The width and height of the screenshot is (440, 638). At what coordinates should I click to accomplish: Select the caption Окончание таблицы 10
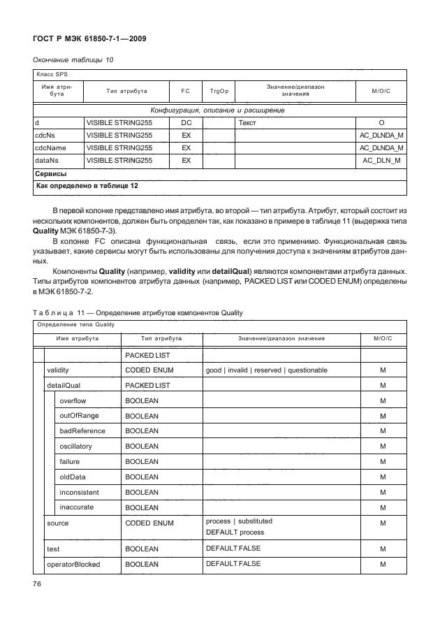point(73,60)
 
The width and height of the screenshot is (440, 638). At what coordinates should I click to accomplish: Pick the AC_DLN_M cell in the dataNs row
point(382,161)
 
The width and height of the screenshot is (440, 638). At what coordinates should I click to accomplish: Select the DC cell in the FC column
point(186,122)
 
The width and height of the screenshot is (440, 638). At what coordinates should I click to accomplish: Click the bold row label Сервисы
point(50,173)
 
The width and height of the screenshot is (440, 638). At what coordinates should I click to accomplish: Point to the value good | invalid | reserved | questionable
point(261,370)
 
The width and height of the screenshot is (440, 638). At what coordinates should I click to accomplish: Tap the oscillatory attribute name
point(76,447)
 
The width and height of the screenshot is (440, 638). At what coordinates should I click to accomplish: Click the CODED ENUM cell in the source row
point(149,523)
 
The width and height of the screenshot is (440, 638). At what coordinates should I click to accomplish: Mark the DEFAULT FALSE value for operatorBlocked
point(233,564)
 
